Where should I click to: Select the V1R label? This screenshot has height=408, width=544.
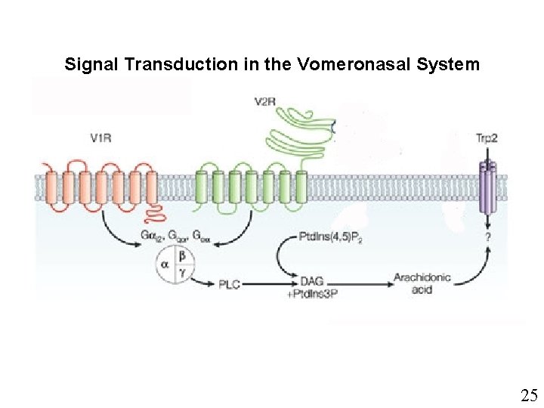102,138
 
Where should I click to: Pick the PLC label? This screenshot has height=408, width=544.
230,284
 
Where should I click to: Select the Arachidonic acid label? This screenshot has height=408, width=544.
422,283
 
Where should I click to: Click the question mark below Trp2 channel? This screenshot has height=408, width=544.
489,236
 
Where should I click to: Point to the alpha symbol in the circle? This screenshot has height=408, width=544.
165,265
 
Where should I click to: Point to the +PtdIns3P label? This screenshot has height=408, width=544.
314,292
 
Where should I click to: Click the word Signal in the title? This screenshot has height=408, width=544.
90,64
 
